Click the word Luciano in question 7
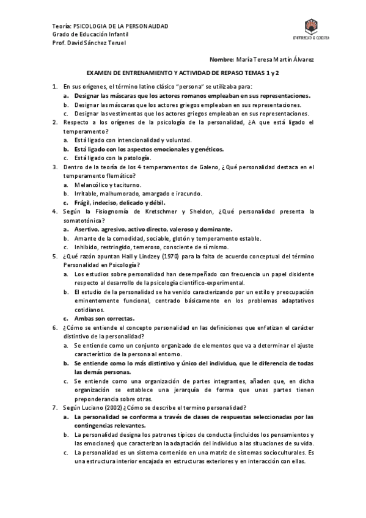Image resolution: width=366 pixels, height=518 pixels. click(93, 407)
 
